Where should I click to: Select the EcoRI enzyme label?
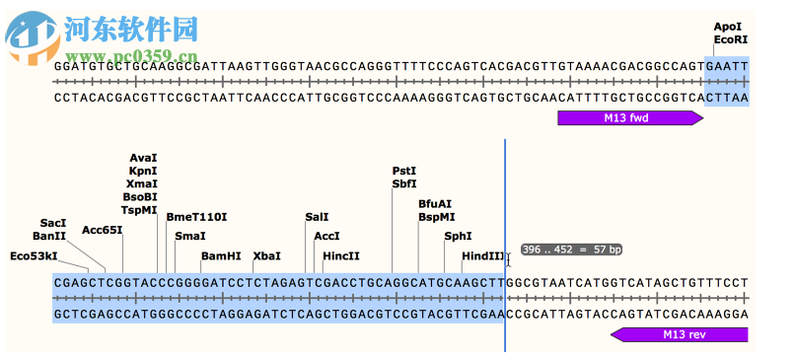coord(731,40)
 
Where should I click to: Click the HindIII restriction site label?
coord(482,256)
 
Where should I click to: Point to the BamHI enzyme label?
coord(221,256)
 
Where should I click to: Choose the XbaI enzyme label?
coord(267,256)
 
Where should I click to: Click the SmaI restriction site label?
coord(190,237)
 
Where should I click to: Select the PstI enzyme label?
coord(404,171)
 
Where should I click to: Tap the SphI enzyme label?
coord(458,237)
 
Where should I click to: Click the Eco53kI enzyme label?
coord(34,256)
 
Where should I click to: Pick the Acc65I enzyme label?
coord(103,231)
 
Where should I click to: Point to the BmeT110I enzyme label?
coord(196,217)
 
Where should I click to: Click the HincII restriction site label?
coord(341,256)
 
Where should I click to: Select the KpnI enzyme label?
coord(143,171)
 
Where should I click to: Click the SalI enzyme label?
coord(317,217)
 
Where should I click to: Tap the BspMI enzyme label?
coord(437,217)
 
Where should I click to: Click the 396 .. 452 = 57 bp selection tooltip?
coord(572,250)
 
